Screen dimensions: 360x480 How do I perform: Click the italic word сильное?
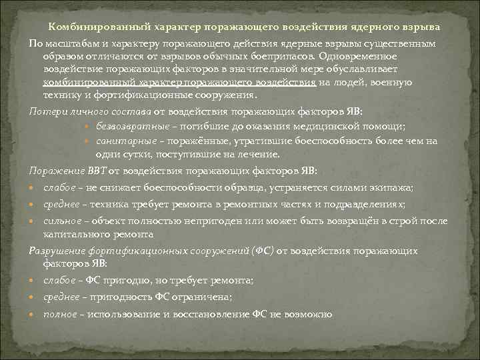click(62, 221)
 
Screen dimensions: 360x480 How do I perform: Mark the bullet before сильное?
click(33, 221)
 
